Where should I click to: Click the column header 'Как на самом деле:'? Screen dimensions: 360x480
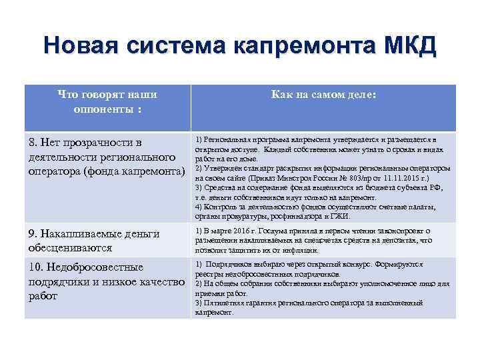pos(323,96)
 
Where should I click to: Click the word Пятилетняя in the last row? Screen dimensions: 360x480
pos(224,302)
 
